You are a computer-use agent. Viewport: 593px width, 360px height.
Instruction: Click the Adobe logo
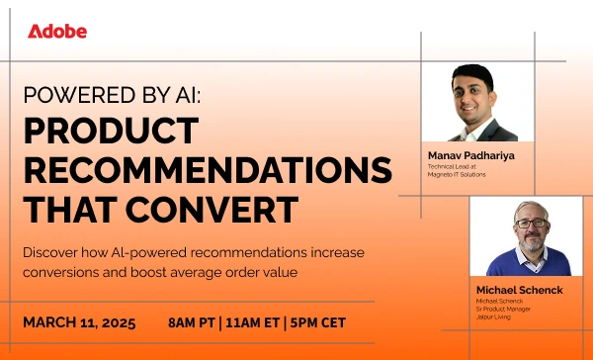point(57,31)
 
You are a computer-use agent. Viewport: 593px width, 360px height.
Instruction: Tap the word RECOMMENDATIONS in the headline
point(209,170)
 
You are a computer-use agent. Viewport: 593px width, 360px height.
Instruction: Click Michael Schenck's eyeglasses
point(530,224)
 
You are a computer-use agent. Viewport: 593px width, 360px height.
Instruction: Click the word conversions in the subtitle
point(60,271)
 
